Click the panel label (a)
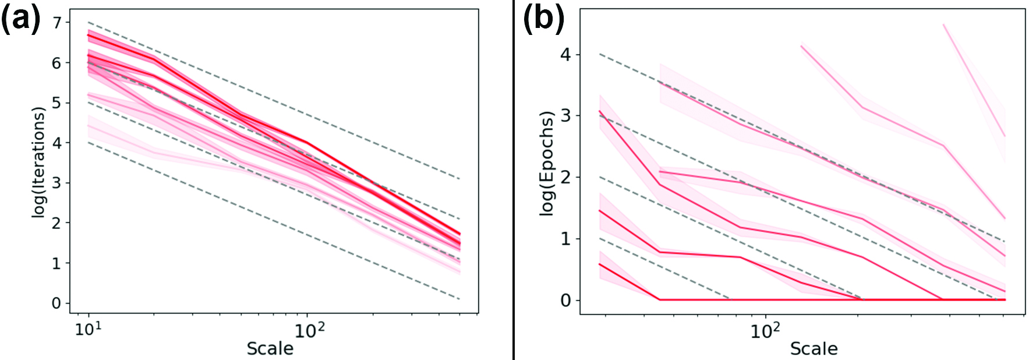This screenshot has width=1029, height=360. point(21,19)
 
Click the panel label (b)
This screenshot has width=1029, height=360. point(543,19)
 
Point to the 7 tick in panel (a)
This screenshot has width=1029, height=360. point(56,23)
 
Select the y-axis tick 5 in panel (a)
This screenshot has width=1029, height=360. point(56,103)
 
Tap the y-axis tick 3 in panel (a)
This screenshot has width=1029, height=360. point(56,183)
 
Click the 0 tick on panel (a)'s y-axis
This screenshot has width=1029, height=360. point(56,303)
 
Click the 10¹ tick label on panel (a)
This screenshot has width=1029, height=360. point(89,330)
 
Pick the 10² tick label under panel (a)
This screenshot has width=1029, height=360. point(310,330)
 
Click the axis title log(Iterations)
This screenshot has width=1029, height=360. point(38,163)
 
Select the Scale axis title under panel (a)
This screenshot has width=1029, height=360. point(270,348)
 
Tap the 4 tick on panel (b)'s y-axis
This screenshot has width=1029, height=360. point(565,55)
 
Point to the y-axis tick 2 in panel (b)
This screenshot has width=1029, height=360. point(565,177)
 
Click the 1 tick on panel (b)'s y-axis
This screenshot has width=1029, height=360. point(565,239)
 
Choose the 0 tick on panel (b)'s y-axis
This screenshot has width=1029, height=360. point(565,301)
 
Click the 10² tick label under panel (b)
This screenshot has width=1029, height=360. point(765,330)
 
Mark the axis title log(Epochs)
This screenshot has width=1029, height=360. point(547,163)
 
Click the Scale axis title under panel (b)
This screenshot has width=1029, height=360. point(814,348)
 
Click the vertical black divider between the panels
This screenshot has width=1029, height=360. point(514,179)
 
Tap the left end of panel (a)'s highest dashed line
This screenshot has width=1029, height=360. point(89,22)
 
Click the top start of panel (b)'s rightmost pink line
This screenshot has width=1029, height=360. point(943,24)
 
